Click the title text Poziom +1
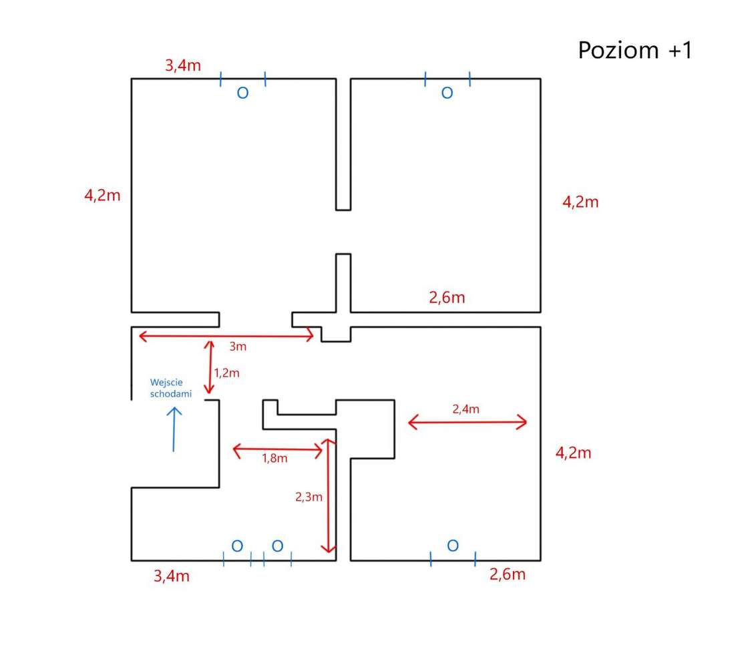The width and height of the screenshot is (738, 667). (635, 50)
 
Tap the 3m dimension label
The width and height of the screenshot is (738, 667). (238, 347)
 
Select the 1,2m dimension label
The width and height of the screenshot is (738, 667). (226, 373)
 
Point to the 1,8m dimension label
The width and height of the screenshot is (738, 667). (274, 458)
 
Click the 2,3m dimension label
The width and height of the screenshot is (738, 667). (309, 497)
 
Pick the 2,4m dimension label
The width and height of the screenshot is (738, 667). (466, 409)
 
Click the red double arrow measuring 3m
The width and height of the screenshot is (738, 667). (226, 336)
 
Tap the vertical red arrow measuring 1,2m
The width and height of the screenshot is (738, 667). (210, 367)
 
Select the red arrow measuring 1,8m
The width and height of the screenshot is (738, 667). (278, 450)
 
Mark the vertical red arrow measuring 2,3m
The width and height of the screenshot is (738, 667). (329, 496)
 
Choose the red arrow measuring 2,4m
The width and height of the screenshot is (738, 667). (468, 422)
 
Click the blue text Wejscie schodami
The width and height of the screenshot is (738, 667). (171, 388)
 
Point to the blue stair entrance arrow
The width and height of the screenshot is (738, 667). (174, 429)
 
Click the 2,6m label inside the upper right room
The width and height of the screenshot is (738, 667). (447, 298)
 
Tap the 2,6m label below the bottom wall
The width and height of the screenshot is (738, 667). (508, 574)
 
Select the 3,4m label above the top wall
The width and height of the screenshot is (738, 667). (182, 65)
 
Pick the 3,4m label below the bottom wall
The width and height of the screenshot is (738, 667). (172, 576)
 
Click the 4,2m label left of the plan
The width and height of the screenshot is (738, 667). (102, 195)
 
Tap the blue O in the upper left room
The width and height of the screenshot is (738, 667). (242, 93)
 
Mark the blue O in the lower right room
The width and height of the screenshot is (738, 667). (453, 545)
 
